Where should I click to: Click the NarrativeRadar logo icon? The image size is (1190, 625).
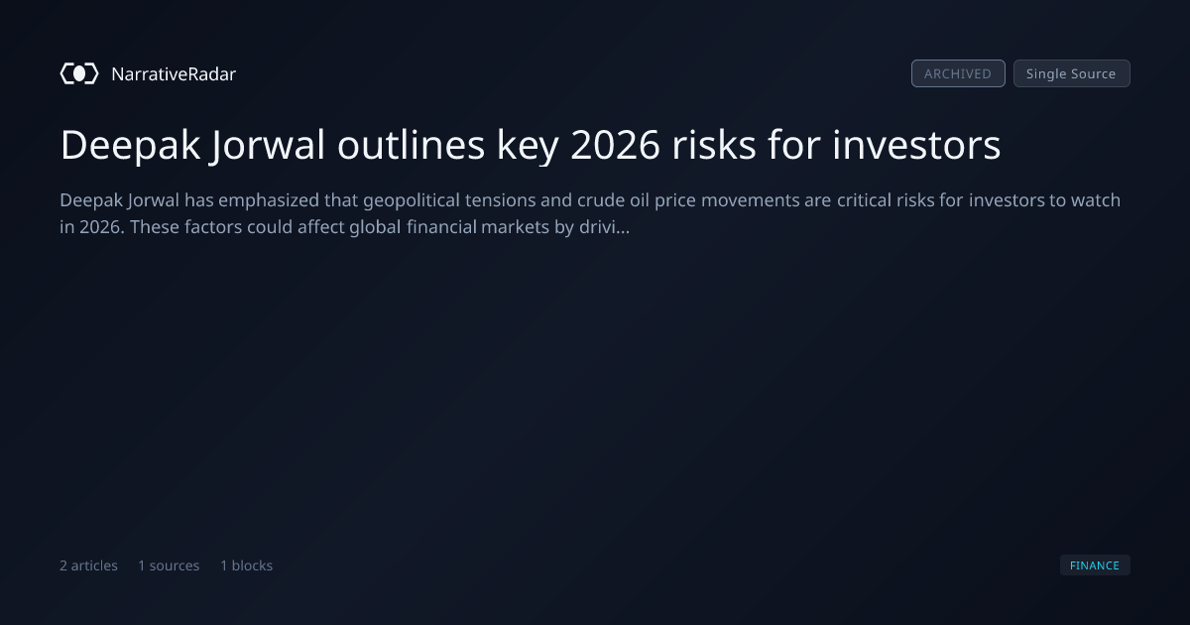(x=79, y=73)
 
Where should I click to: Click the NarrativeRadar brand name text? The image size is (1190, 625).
(x=174, y=73)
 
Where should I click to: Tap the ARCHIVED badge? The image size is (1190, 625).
(x=958, y=73)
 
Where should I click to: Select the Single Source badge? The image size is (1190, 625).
(x=1072, y=73)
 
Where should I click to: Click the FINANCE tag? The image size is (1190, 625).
(x=1095, y=564)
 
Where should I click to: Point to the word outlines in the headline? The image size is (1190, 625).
(x=411, y=145)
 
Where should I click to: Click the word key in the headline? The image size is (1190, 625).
(x=528, y=146)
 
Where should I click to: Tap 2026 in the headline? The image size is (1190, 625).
(x=615, y=145)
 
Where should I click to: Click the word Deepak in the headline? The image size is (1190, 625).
(x=130, y=146)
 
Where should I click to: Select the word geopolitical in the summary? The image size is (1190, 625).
(x=412, y=200)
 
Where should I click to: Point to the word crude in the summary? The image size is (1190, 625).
(x=601, y=200)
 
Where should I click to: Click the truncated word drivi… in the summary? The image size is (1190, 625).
(x=605, y=227)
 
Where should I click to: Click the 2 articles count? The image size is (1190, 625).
(x=88, y=565)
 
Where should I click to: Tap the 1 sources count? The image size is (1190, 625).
(x=169, y=565)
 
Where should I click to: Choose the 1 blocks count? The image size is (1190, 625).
(x=247, y=565)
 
